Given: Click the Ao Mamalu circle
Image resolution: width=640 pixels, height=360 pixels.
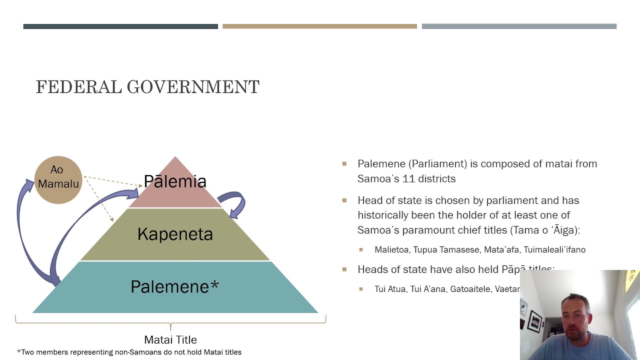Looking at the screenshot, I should point(58,179).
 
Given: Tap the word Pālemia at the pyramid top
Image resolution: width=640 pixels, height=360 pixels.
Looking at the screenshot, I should point(175,181).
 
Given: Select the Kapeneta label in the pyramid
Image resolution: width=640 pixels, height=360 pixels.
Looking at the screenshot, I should point(175,234).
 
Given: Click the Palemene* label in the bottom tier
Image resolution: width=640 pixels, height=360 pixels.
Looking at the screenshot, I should point(174,286).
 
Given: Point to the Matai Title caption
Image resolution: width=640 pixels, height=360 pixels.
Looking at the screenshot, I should point(170,340).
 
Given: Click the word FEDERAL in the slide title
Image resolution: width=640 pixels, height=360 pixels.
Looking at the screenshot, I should point(79,87).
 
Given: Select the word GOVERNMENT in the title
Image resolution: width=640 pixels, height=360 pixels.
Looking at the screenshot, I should point(193,87).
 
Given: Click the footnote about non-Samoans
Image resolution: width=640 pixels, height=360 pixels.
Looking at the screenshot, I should point(129,352).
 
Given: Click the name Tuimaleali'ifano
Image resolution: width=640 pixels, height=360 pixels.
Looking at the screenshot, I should point(554,249).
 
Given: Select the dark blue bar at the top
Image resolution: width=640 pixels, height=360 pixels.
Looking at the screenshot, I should point(120,26).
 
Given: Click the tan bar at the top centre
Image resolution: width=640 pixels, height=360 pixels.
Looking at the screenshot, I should point(319,26).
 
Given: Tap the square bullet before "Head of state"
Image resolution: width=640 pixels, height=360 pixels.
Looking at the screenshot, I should point(344,200).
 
